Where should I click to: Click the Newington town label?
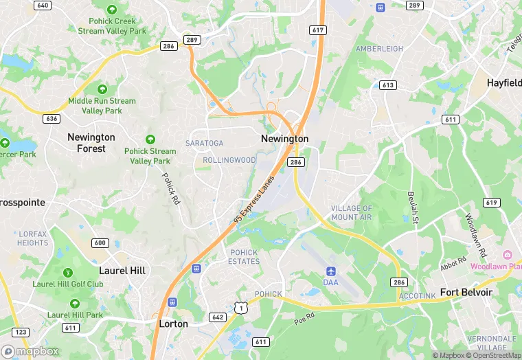(x=284, y=139)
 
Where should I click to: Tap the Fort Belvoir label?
(x=466, y=292)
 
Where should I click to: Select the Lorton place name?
(x=173, y=324)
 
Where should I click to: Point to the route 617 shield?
(x=317, y=30)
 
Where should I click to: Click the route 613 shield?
(x=388, y=85)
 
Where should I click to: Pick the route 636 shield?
(x=51, y=118)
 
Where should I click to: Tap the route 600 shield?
(x=100, y=243)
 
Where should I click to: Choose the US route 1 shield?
(x=241, y=308)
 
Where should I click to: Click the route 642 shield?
(x=218, y=317)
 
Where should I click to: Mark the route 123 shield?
(x=21, y=332)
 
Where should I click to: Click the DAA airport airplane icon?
(x=331, y=271)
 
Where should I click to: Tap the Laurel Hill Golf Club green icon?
(x=67, y=273)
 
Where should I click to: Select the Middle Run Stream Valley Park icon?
(x=102, y=89)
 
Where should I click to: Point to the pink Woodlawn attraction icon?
(x=508, y=256)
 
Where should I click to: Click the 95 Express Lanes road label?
(x=254, y=199)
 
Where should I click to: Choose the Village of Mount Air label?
(x=351, y=213)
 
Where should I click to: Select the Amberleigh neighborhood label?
(x=378, y=49)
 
